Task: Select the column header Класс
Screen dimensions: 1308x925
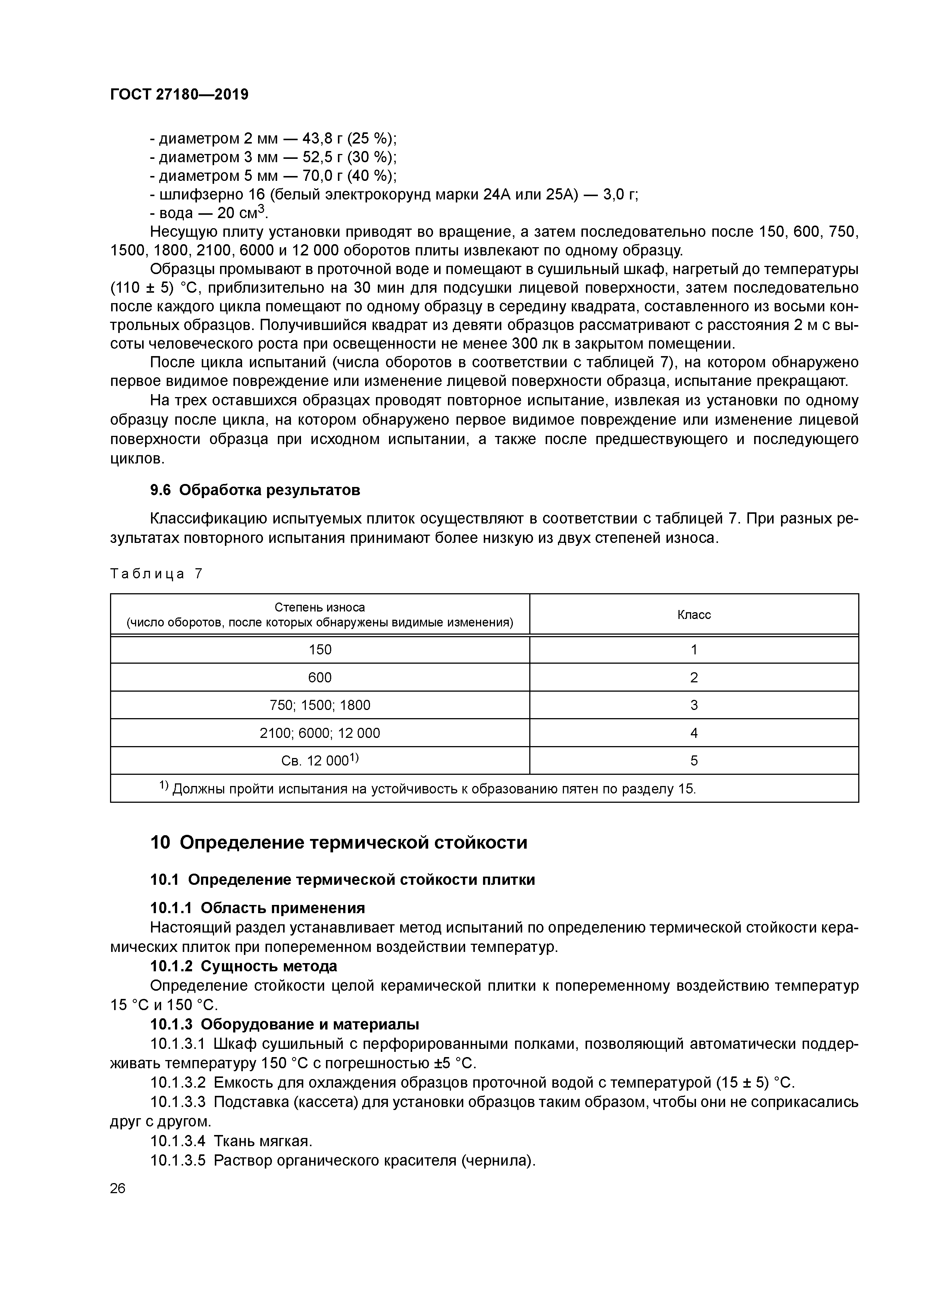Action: [x=694, y=615]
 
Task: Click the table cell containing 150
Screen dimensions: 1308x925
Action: [x=320, y=650]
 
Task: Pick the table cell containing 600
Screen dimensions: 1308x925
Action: [x=320, y=677]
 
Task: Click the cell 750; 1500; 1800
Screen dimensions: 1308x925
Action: [x=320, y=705]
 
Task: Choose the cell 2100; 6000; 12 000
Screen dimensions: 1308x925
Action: [x=320, y=733]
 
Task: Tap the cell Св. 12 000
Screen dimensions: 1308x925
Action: [x=320, y=761]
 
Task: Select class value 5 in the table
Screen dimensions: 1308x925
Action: [x=694, y=761]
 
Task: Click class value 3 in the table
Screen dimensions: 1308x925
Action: [x=694, y=705]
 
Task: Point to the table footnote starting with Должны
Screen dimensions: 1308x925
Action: [x=433, y=789]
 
